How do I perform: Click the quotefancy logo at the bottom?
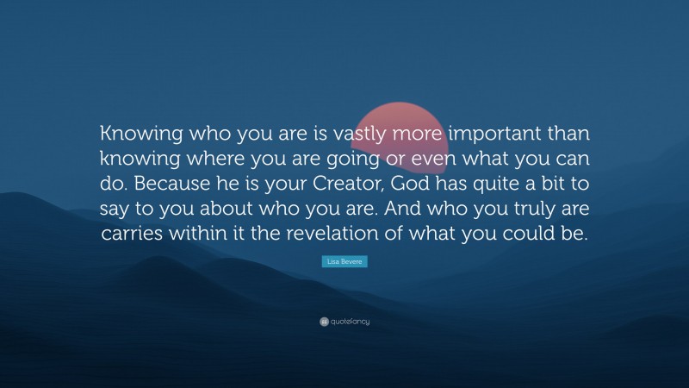point(344,322)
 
